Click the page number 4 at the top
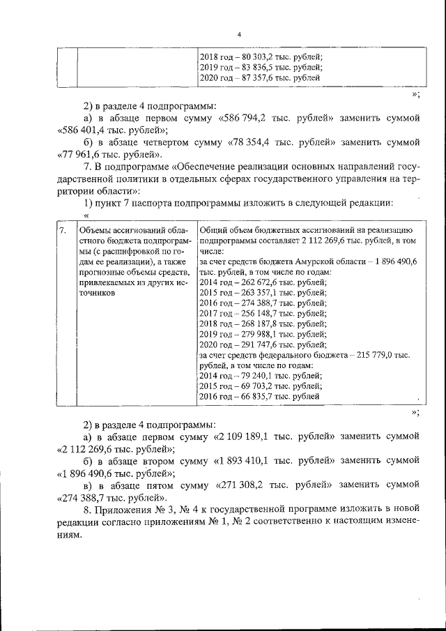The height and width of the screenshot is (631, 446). (x=239, y=34)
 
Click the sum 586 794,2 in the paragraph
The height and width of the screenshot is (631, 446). (x=251, y=118)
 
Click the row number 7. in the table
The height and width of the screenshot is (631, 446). (x=63, y=230)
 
